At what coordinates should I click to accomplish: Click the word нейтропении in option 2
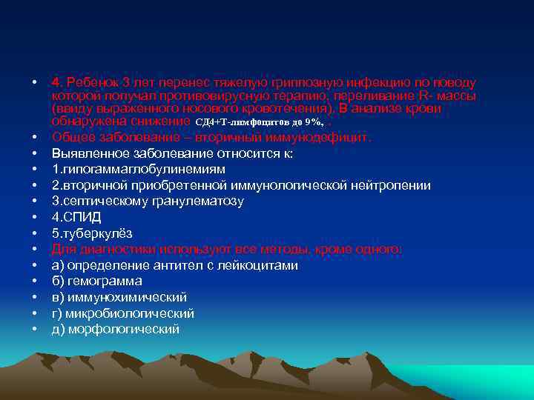[x=394, y=185]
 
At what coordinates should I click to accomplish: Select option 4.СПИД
[x=76, y=218]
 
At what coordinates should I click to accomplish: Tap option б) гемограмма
[x=96, y=281]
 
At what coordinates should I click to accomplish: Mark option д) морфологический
[x=115, y=330]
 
